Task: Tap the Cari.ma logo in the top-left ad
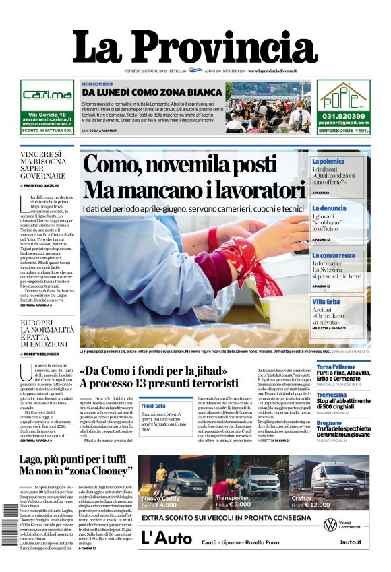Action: coord(47,95)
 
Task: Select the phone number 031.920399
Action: coord(344,116)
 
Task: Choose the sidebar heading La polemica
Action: coord(328,162)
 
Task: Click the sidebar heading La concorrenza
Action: coord(334,255)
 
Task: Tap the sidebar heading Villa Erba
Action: coord(326,301)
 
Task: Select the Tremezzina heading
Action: coord(332,395)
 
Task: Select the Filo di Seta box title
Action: coord(153,406)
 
